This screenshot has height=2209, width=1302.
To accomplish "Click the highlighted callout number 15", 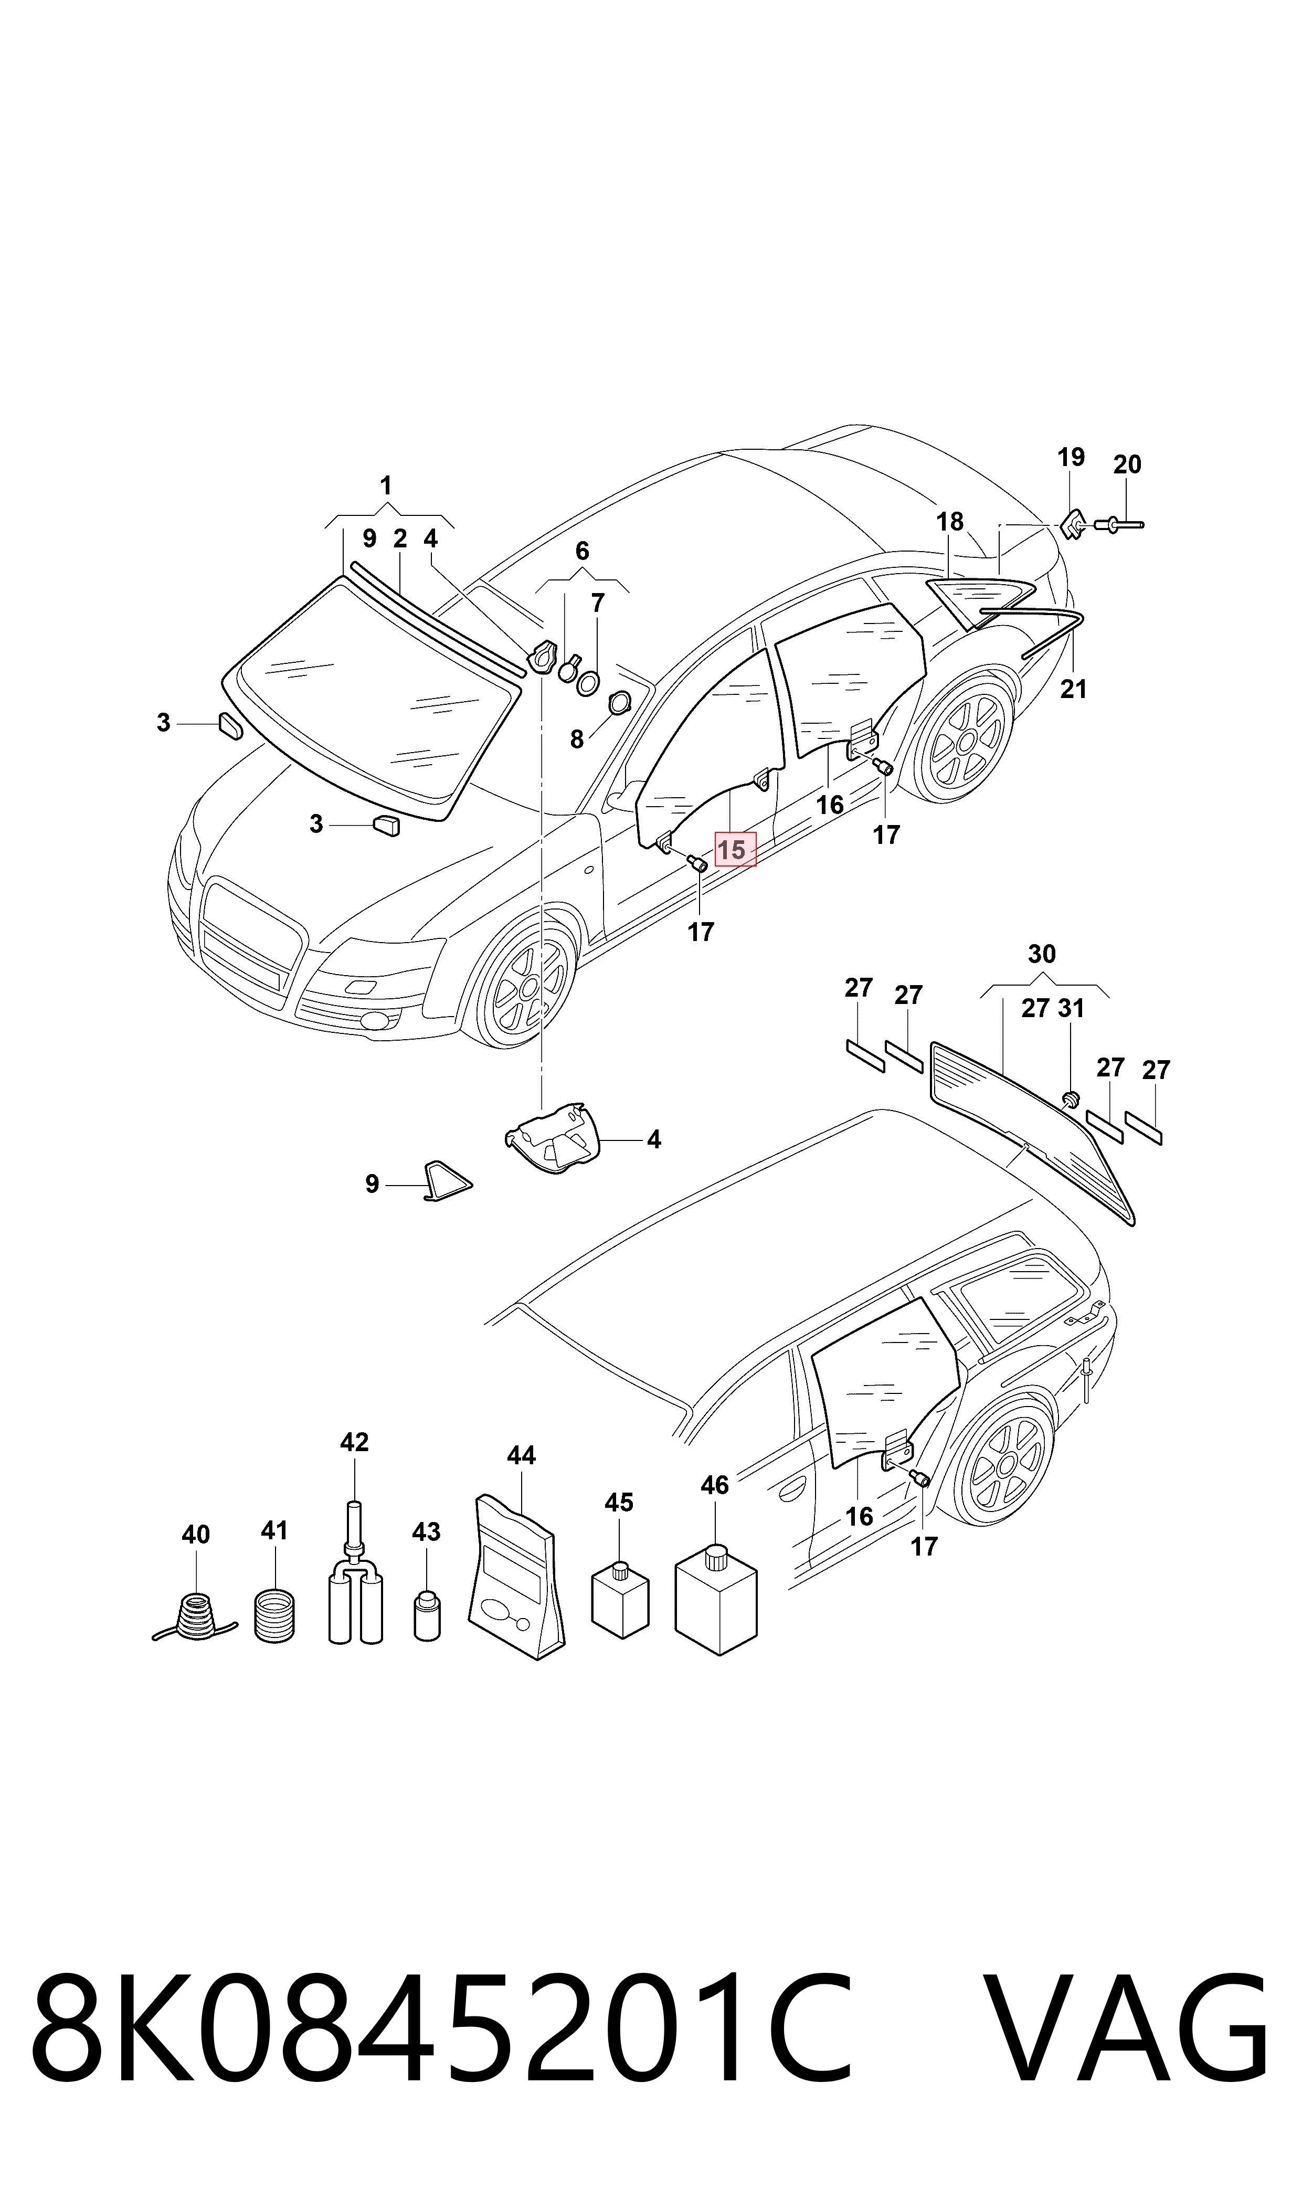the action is point(732,850).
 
